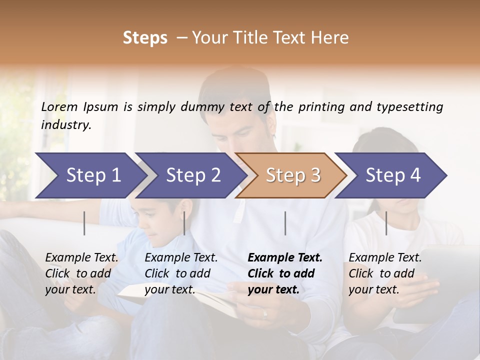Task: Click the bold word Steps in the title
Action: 145,38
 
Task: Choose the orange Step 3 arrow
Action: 293,175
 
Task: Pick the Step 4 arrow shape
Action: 393,175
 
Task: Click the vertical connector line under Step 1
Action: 84,223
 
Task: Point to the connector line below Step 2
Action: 184,223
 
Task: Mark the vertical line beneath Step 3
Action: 285,223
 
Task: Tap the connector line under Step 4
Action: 386,223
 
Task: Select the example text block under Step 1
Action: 82,273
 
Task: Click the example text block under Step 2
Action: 181,273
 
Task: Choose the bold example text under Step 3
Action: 285,273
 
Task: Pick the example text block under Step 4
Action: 385,273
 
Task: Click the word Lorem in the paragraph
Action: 59,106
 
